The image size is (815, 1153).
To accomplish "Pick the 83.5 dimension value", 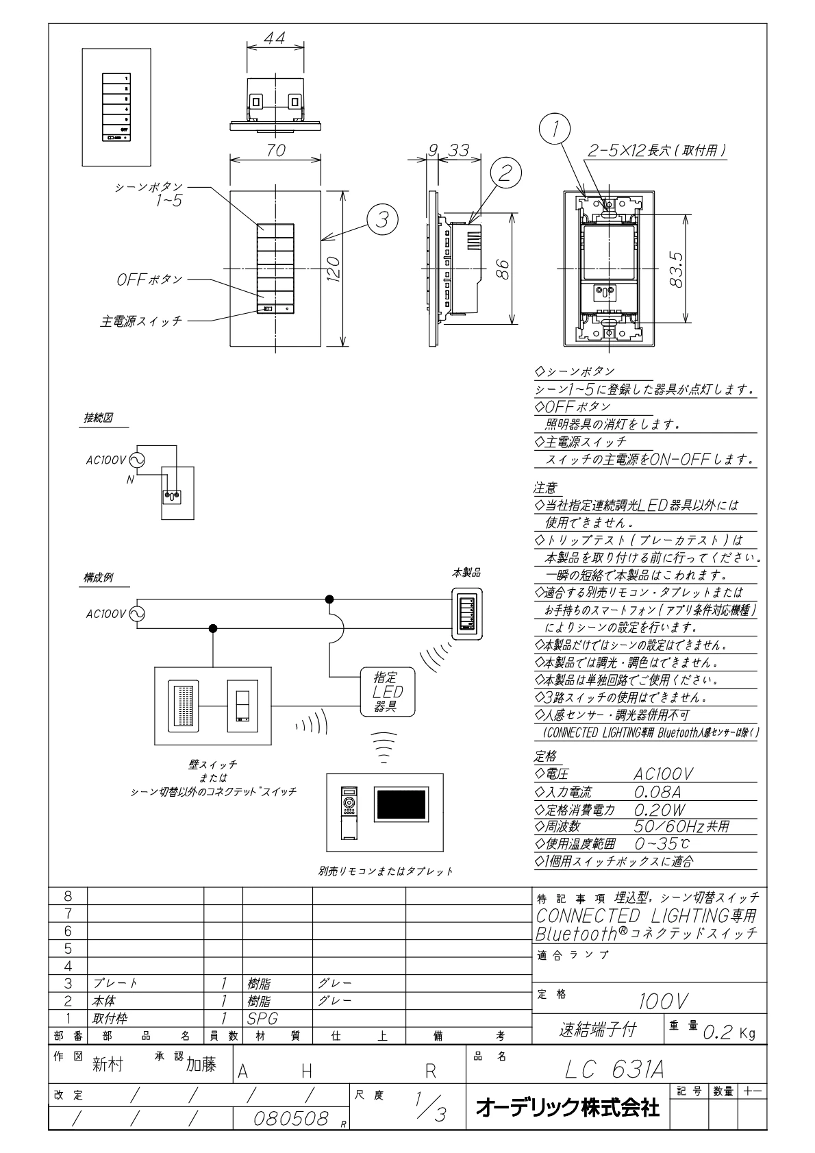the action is click(x=677, y=269).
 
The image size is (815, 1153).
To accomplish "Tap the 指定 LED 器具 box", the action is click(x=388, y=691).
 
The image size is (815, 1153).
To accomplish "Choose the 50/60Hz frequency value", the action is click(x=681, y=826).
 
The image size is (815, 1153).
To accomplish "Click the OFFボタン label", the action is click(x=150, y=280).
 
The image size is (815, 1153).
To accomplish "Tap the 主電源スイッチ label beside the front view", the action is click(x=142, y=321).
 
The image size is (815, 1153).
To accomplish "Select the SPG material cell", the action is click(x=262, y=1018).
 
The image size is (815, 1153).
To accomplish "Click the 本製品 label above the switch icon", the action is click(x=466, y=573).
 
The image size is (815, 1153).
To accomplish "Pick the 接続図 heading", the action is click(x=98, y=418).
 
